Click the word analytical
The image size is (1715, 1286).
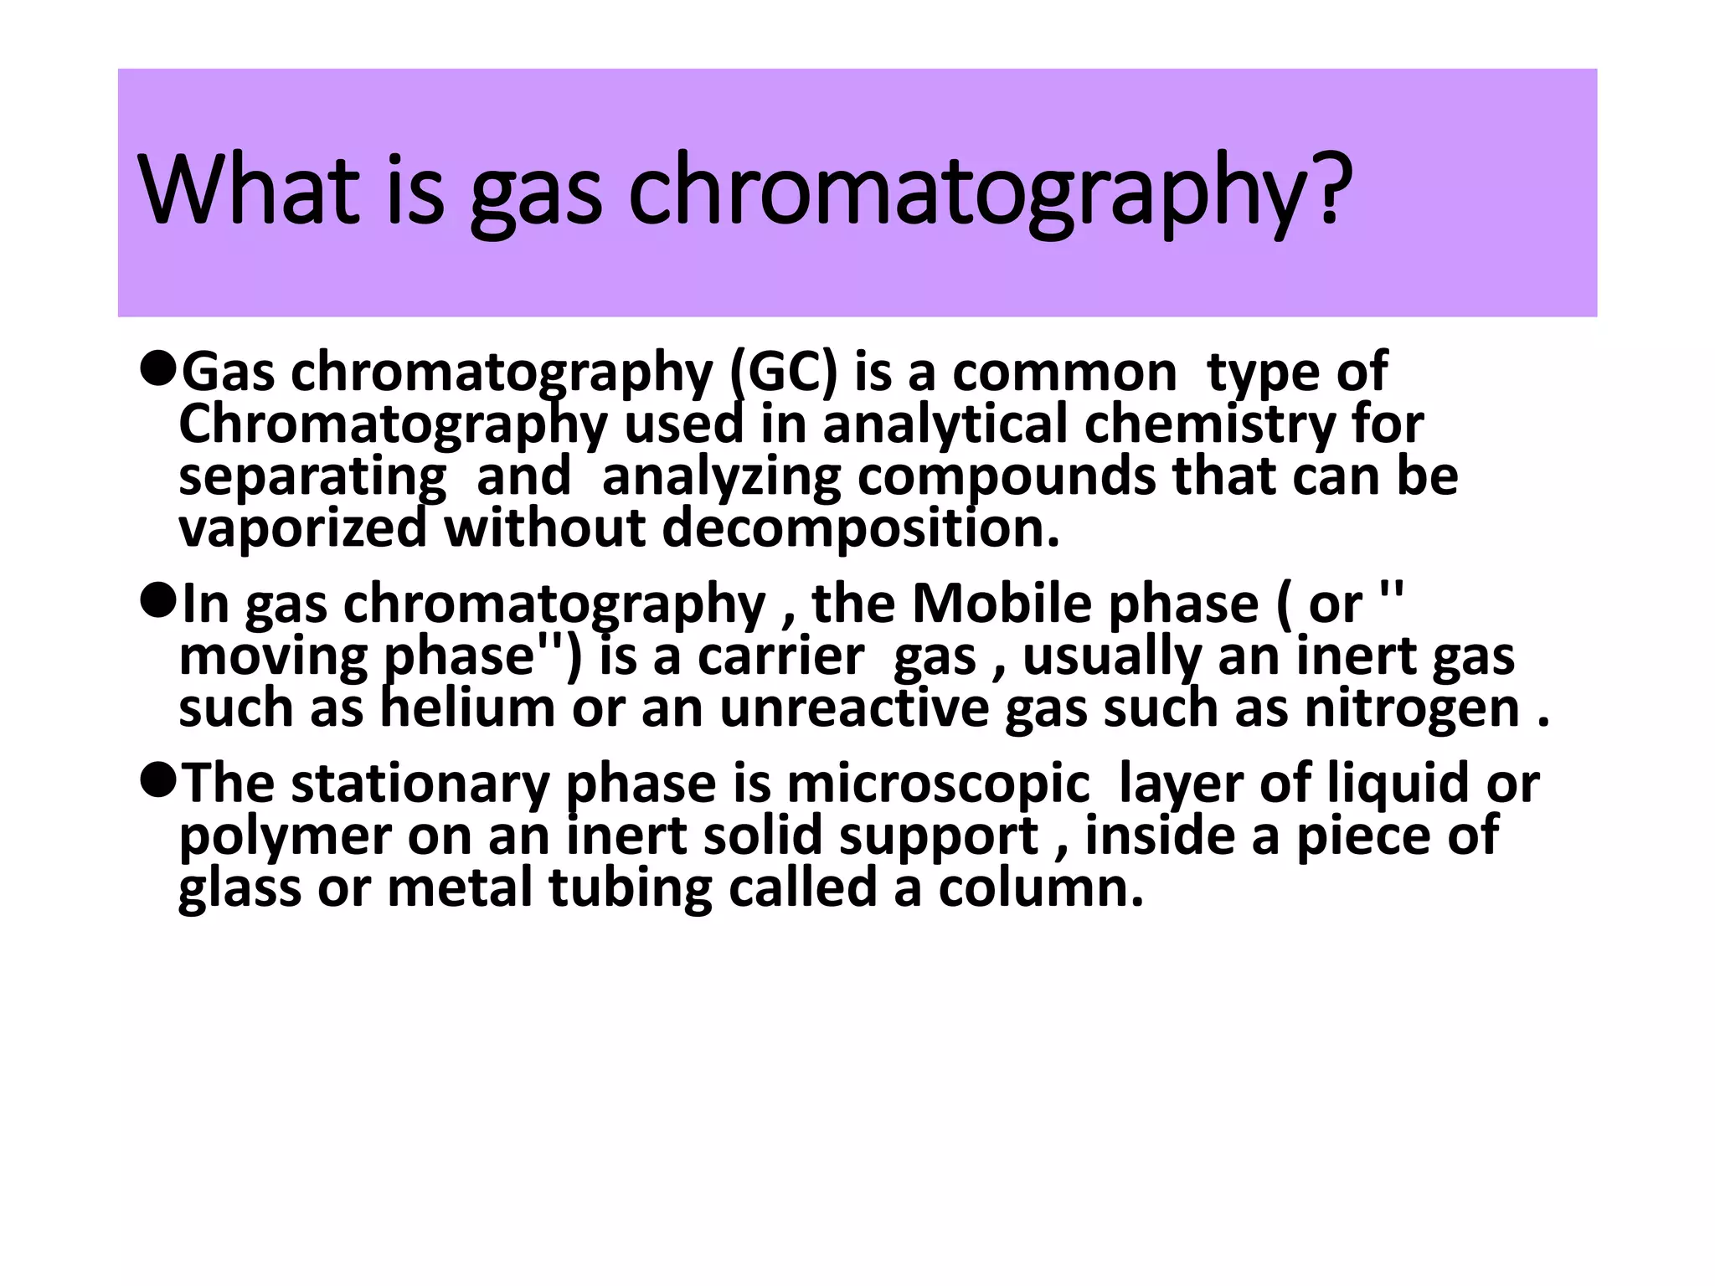pos(945,424)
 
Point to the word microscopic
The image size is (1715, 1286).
pos(939,784)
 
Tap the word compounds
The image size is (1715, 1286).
pos(1007,476)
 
